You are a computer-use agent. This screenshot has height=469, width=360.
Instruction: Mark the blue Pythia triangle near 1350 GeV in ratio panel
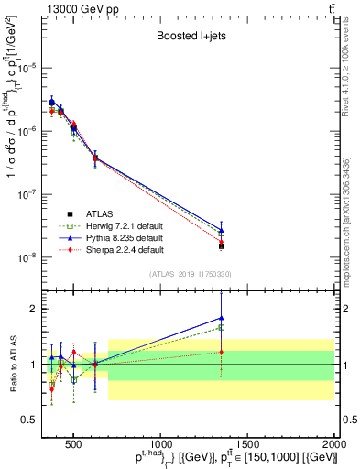221,318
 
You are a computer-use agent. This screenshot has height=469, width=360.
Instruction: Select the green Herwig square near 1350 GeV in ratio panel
221,327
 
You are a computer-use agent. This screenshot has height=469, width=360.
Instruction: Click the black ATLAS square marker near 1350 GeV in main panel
221,246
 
